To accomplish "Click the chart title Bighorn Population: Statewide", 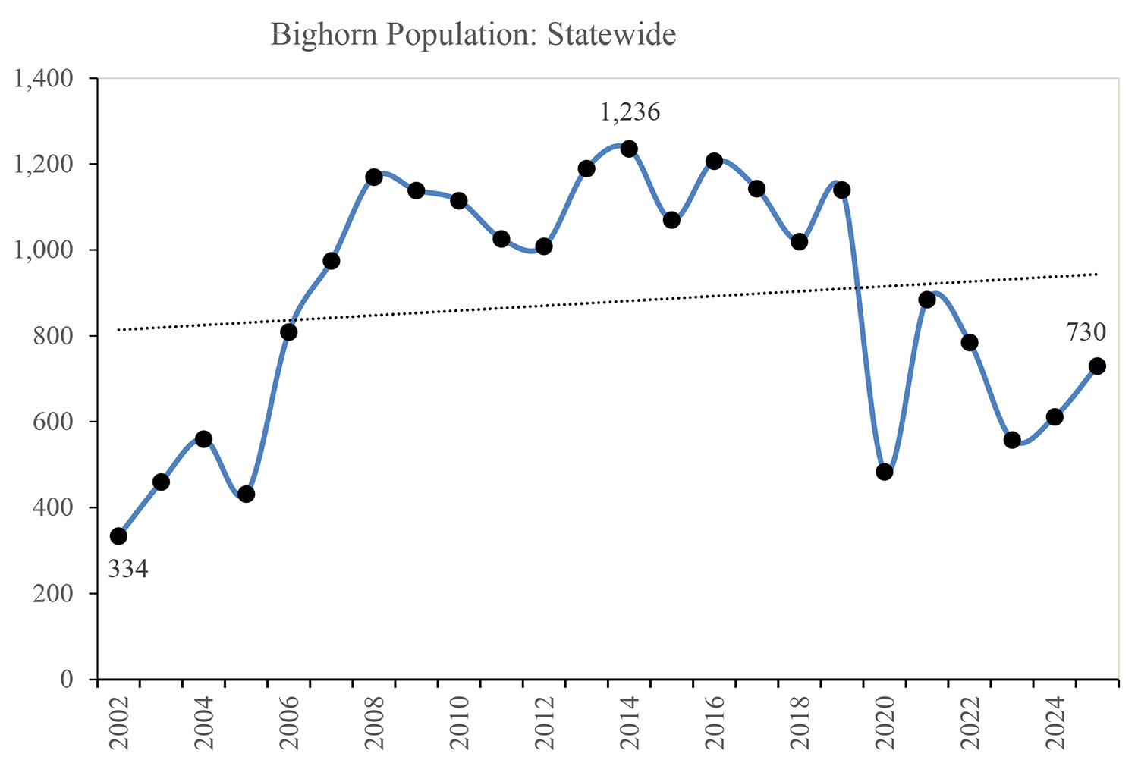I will (473, 36).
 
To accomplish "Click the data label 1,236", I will (630, 113).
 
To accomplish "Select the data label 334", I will (127, 569).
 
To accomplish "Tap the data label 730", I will (1086, 332).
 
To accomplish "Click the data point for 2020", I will (884, 472).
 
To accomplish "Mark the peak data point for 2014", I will (629, 149).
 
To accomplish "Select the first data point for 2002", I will (118, 536).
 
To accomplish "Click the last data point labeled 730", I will (1097, 366).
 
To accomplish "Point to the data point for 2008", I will (373, 177).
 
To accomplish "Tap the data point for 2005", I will (246, 495).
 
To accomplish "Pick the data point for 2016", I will (714, 161).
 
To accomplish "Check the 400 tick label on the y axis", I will (55, 507).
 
